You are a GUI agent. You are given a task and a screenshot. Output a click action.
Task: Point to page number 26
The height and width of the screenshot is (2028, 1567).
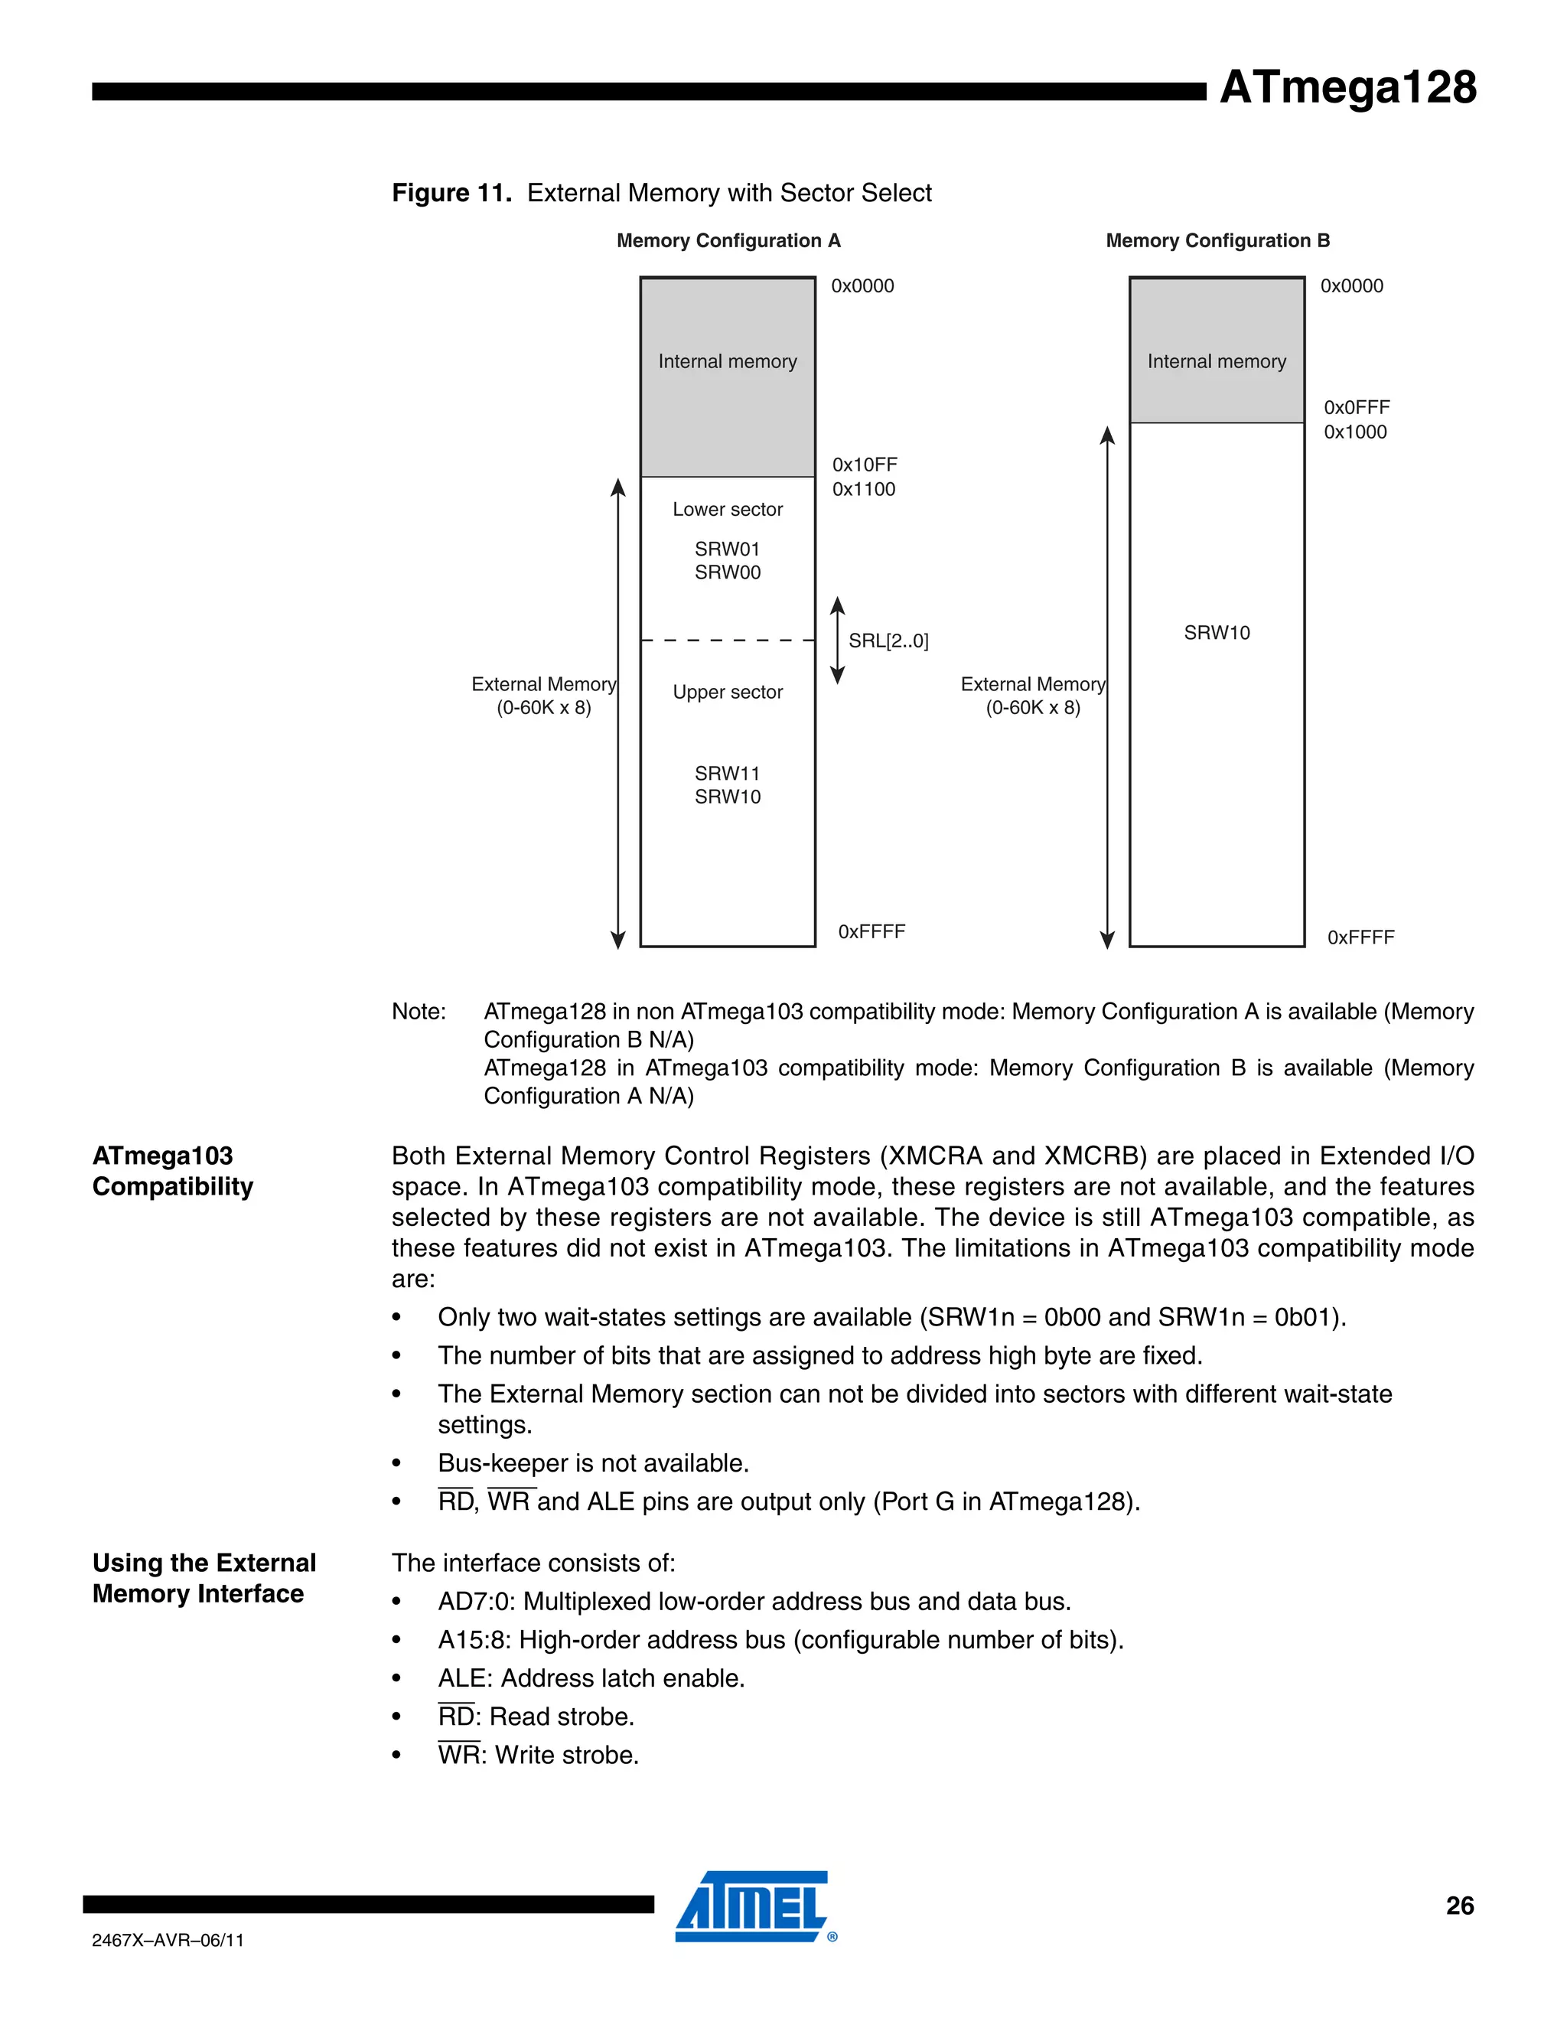pyautogui.click(x=1459, y=1906)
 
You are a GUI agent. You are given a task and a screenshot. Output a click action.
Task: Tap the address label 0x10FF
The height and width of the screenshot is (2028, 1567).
pyautogui.click(x=865, y=465)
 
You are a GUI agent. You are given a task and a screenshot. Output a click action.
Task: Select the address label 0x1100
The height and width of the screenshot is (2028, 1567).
pyautogui.click(x=863, y=489)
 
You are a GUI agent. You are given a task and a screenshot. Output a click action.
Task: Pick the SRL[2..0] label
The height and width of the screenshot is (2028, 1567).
pyautogui.click(x=888, y=641)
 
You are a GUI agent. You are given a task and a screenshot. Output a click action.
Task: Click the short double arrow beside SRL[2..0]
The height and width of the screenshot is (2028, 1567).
pyautogui.click(x=837, y=641)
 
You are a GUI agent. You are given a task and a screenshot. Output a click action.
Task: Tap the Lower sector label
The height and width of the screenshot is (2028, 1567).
pyautogui.click(x=728, y=509)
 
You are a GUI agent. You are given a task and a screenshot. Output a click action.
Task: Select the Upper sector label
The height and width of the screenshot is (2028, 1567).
pyautogui.click(x=728, y=692)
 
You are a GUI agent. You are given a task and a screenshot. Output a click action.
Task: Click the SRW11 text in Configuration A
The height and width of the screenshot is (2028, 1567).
pyautogui.click(x=728, y=774)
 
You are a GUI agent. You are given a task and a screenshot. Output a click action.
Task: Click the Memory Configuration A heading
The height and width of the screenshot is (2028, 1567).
pyautogui.click(x=728, y=240)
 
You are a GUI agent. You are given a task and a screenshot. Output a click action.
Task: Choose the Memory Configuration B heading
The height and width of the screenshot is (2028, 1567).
pyautogui.click(x=1218, y=240)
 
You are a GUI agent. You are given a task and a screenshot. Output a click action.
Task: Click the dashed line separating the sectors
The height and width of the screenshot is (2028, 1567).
pyautogui.click(x=728, y=641)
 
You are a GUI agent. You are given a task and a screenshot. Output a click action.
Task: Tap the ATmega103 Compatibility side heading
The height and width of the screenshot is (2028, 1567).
pyautogui.click(x=173, y=1171)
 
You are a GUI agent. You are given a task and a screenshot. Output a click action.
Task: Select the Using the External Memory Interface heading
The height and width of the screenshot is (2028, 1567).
pyautogui.click(x=204, y=1578)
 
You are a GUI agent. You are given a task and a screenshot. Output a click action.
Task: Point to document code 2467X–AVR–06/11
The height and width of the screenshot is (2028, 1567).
pyautogui.click(x=168, y=1940)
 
